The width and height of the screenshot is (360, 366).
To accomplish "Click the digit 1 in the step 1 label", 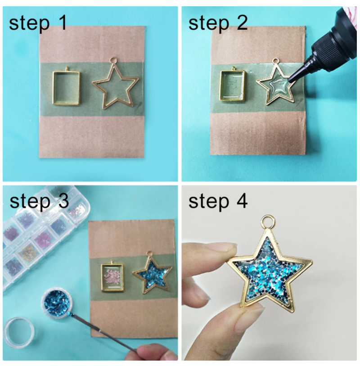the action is pyautogui.click(x=63, y=23).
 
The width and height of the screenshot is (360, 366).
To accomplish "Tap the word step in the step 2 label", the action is pyautogui.click(x=209, y=23).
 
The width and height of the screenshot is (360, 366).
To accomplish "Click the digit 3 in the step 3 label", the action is pyautogui.click(x=63, y=201).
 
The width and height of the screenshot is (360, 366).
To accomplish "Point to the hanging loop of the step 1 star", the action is pyautogui.click(x=113, y=61).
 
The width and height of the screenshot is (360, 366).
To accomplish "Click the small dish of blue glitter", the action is pyautogui.click(x=57, y=302).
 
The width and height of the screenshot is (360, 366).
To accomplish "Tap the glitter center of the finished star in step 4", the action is pyautogui.click(x=268, y=271).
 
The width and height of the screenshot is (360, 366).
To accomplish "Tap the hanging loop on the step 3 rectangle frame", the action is pyautogui.click(x=112, y=262).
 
